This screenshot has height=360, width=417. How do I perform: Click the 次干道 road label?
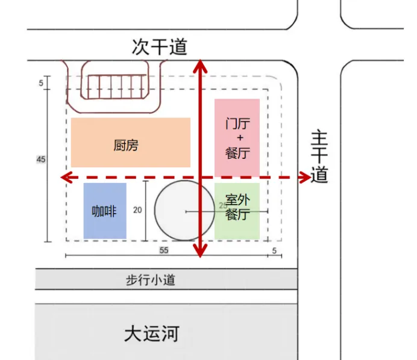click(159, 46)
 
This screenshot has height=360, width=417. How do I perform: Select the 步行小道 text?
click(150, 280)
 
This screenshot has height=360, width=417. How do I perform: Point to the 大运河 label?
click(151, 334)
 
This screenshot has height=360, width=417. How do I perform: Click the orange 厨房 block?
click(130, 142)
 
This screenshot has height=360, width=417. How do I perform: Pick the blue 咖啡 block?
click(105, 211)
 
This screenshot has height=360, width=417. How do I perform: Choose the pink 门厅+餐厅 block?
click(237, 137)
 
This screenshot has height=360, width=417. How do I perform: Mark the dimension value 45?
click(41, 160)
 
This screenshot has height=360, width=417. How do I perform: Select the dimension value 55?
click(163, 250)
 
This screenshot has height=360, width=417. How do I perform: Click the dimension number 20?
click(137, 210)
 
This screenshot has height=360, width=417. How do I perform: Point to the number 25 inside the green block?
click(224, 205)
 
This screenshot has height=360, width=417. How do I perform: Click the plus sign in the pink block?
click(237, 138)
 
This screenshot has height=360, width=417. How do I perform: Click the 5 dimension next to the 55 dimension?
click(274, 250)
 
